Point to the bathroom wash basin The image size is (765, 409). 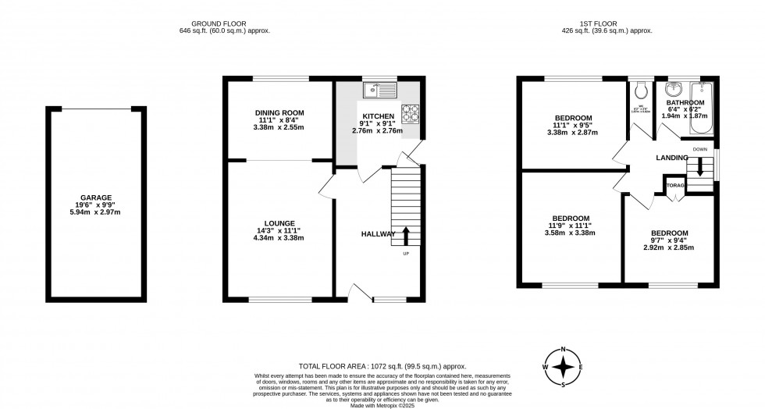coord(671,87)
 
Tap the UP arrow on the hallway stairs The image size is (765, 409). coord(405,233)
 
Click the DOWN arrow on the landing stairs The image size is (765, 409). coord(700,165)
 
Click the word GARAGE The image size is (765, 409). coord(95,197)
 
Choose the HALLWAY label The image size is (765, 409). coord(379,234)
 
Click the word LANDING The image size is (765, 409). coord(671,158)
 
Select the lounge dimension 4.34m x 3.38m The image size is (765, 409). coord(279,237)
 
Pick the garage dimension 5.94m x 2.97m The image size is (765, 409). coord(95,213)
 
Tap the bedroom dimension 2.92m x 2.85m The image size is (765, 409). coord(669,248)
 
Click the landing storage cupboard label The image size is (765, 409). coord(674,186)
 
